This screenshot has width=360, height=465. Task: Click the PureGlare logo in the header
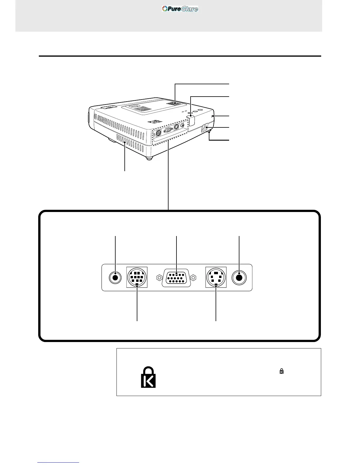pos(180,9)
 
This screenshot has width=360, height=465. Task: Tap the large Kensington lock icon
pos(148,377)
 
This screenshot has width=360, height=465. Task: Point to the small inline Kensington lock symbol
pos(281,371)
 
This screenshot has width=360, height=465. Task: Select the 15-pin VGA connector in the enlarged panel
pos(176,277)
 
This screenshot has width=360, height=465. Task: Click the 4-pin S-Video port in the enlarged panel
pos(216,277)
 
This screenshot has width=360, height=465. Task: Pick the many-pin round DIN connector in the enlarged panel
pos(137,277)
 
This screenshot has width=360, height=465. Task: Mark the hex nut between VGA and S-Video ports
pos(193,277)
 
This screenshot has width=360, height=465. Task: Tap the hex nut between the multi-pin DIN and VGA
pos(159,277)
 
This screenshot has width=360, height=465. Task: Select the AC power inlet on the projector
pos(205,128)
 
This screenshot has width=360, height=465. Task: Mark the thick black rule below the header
pos(180,56)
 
